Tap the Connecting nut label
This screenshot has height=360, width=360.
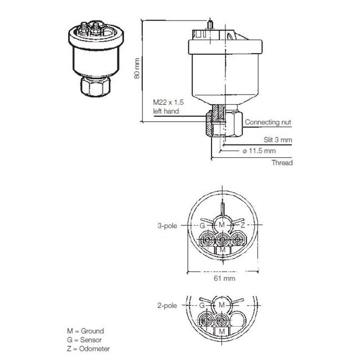pyautogui.click(x=268, y=122)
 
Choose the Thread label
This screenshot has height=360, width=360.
pyautogui.click(x=281, y=163)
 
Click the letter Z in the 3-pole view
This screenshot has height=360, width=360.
pyautogui.click(x=243, y=225)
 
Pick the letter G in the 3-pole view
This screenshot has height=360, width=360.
pyautogui.click(x=203, y=226)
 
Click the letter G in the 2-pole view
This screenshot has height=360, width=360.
pyautogui.click(x=203, y=305)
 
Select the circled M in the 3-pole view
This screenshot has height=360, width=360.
pyautogui.click(x=222, y=225)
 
